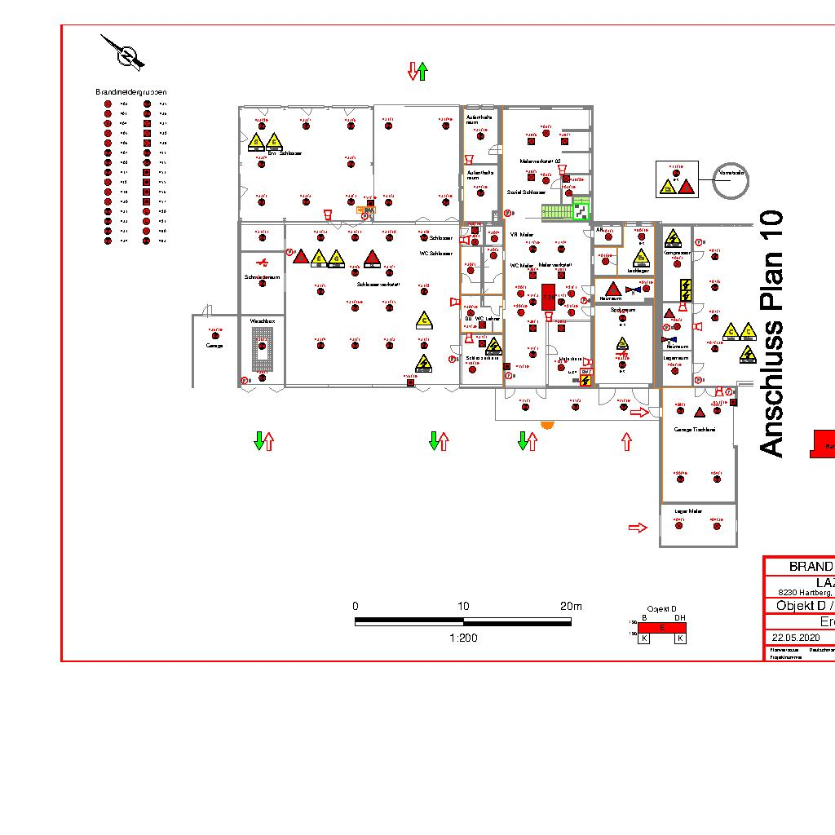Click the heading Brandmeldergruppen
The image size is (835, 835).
click(x=130, y=92)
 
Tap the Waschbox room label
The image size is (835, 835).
click(x=263, y=322)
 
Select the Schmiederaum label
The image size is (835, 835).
click(x=262, y=277)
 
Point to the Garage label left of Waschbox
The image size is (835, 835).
click(x=214, y=346)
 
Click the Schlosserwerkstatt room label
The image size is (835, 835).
click(x=378, y=284)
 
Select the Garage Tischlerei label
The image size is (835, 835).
click(x=694, y=429)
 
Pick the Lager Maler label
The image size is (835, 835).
click(x=688, y=511)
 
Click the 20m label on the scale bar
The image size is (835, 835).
click(x=571, y=607)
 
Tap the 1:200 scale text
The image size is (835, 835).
click(x=463, y=638)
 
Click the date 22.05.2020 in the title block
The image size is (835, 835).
click(x=795, y=637)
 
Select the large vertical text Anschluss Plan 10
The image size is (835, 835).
click(x=771, y=334)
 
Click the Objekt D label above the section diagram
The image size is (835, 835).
click(x=661, y=609)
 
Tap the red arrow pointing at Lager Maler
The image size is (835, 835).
click(x=638, y=528)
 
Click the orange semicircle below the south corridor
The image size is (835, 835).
click(x=547, y=425)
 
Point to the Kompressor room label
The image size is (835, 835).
click(x=677, y=254)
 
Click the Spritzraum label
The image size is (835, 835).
click(x=622, y=310)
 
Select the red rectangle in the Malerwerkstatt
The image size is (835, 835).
click(x=548, y=298)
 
